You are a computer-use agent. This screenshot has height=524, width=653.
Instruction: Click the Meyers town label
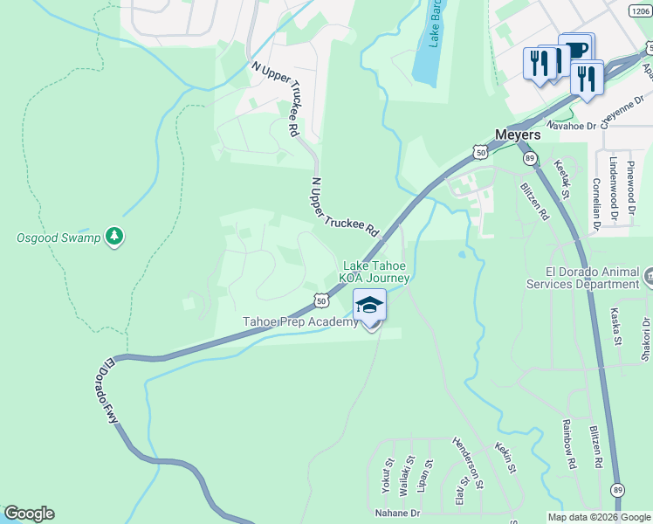tap(517, 135)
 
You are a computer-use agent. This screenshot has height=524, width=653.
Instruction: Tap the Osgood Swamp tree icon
tap(113, 237)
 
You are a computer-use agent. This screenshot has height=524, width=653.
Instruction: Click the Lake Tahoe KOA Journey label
tap(375, 272)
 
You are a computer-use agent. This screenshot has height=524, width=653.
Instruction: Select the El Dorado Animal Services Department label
tap(582, 278)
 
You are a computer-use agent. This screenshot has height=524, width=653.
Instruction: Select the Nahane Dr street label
tap(397, 513)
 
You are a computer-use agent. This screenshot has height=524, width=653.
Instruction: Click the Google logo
tap(29, 514)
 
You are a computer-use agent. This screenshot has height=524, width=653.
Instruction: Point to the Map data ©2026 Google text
tap(598, 517)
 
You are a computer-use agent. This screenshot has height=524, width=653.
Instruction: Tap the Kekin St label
tap(505, 457)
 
